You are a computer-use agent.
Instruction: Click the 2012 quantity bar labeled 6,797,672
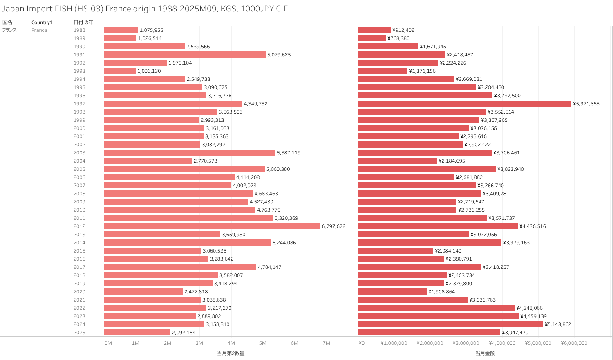pos(212,226)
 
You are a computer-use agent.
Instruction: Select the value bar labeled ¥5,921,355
pos(465,104)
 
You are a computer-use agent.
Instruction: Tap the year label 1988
pos(79,30)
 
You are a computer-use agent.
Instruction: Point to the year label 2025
pos(79,333)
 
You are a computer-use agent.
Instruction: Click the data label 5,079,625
pos(279,55)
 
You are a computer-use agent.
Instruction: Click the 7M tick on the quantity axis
pos(326,343)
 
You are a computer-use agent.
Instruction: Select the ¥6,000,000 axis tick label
pos(574,343)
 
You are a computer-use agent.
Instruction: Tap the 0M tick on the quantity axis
pos(108,343)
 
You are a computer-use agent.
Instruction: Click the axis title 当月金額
pos(485,353)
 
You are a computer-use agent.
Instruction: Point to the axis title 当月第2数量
pos(230,353)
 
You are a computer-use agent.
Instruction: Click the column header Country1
pos(42,22)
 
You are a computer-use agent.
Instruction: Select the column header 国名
pos(7,22)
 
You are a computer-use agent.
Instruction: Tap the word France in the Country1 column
pos(39,30)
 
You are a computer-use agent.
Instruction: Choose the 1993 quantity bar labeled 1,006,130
pos(120,71)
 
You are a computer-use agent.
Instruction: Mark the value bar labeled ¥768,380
pos(372,38)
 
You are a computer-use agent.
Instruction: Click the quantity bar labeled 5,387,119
pos(190,153)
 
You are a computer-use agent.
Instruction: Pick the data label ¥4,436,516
pos(532,226)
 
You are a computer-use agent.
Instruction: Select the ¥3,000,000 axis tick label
pos(465,343)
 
